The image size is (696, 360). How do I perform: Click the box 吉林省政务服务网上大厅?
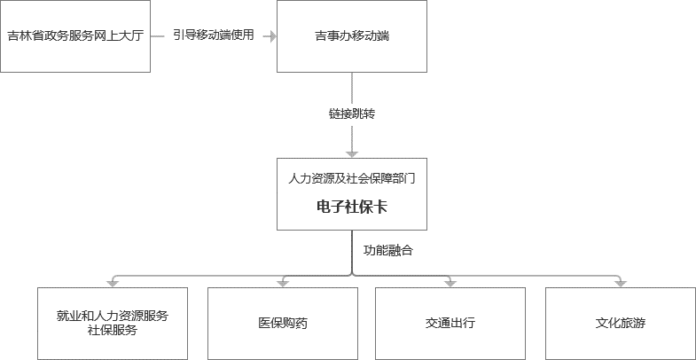point(74,36)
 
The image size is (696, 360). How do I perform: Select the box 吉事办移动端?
point(352,36)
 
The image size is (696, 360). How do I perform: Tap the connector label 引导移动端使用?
point(214,35)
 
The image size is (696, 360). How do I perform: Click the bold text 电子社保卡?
point(352,207)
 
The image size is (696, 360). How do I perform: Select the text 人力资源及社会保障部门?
point(352,177)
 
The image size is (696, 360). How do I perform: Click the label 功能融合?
point(387,250)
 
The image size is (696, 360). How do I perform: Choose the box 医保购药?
point(283,323)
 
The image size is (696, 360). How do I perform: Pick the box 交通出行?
point(450,323)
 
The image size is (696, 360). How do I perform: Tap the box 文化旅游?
point(620,323)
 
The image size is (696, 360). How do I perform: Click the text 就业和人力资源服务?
point(113,315)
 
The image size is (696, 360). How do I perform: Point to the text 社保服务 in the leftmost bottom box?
point(113,331)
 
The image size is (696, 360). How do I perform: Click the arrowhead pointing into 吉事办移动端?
point(270,36)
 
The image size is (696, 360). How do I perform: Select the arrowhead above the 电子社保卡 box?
point(352,153)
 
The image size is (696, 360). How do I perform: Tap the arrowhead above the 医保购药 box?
point(283,283)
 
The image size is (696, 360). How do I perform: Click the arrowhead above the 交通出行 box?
point(450,283)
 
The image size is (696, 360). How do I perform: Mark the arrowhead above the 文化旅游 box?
point(620,283)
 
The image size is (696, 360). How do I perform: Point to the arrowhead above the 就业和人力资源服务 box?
point(113,283)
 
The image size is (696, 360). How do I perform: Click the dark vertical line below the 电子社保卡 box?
point(352,253)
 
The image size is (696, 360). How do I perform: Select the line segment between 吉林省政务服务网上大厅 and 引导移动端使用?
point(159,36)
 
